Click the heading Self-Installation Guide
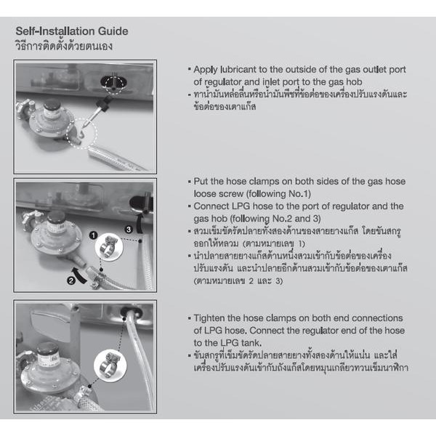point(71,31)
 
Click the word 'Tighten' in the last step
point(210,318)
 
